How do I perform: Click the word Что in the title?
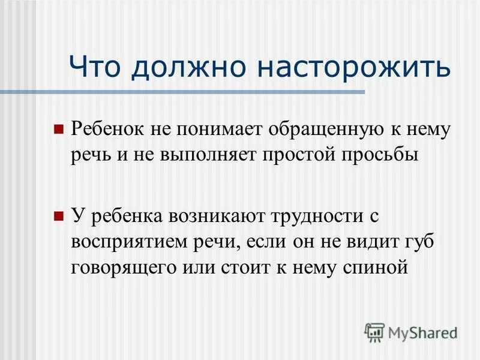tap(97, 67)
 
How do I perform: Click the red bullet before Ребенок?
tap(59, 128)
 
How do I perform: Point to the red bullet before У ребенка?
tap(59, 215)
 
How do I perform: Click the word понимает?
tap(220, 128)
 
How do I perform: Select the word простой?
tap(300, 155)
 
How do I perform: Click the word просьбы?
tap(379, 155)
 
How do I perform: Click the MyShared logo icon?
tap(375, 332)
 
